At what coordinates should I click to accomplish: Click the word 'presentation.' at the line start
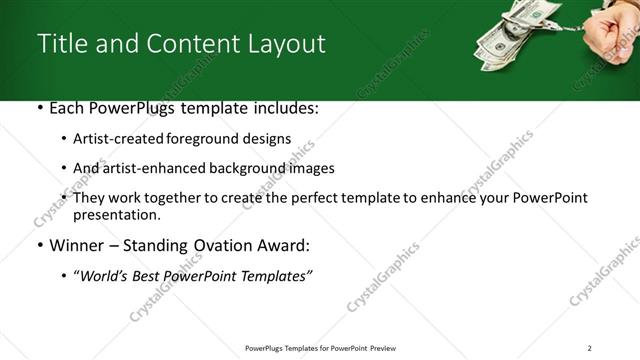click(117, 215)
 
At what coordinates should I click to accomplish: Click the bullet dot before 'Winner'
click(39, 246)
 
